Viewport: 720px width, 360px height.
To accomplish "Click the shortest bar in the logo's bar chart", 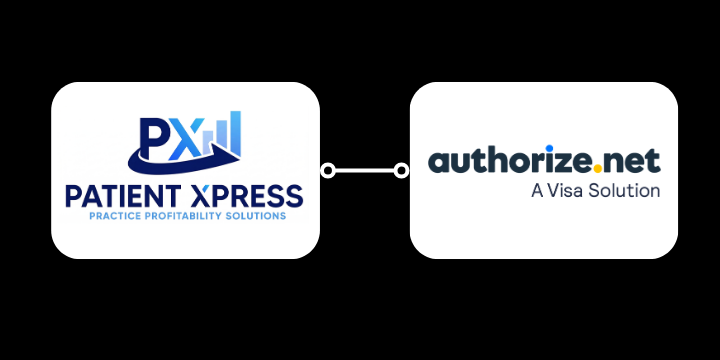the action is [209, 145].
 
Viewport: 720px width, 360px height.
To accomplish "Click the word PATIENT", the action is [119, 194].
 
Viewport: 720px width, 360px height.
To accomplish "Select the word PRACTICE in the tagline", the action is [112, 215].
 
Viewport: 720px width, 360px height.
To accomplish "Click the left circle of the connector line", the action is [327, 171].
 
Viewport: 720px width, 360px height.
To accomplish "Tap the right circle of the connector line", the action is [402, 171].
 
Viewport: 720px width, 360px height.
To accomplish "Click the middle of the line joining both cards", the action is [364, 171].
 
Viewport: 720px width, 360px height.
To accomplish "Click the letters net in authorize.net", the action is [634, 163].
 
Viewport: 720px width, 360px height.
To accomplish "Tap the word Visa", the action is [566, 190].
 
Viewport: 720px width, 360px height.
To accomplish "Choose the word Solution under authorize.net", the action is [624, 190].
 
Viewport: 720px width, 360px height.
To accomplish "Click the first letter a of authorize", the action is [437, 163].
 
